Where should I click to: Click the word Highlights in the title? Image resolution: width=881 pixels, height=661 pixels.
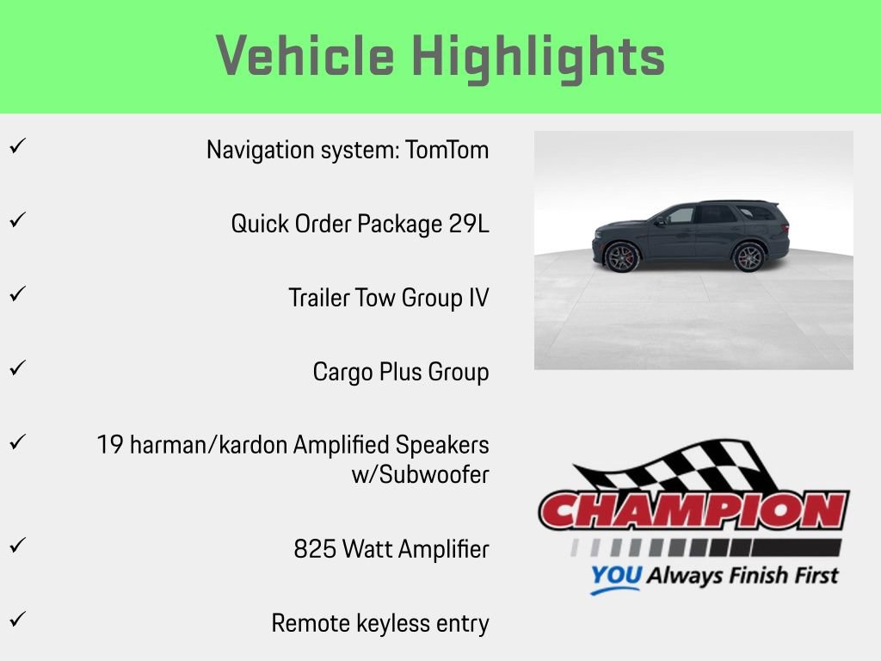coord(539,57)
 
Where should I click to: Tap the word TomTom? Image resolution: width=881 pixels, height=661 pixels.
coord(447,150)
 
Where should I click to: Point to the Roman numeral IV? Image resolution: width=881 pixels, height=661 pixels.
coord(479,298)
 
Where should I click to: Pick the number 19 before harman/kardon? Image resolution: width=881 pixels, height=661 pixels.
coord(110,445)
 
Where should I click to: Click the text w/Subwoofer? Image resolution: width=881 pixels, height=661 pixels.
coord(420,474)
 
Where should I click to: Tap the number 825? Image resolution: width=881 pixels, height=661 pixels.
coord(315,549)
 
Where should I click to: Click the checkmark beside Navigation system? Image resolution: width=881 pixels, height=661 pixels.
coord(15,146)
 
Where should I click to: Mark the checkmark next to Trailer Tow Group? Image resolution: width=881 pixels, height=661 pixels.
coord(15,294)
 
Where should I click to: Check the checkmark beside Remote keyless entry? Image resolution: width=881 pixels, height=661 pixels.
coord(15,619)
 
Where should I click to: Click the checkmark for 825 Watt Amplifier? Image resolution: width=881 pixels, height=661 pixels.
coord(15,545)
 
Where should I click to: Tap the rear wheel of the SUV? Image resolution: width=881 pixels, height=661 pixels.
coord(749,257)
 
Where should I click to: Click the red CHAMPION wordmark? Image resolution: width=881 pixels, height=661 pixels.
coord(693,510)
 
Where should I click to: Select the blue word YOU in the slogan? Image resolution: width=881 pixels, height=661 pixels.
coord(616,576)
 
